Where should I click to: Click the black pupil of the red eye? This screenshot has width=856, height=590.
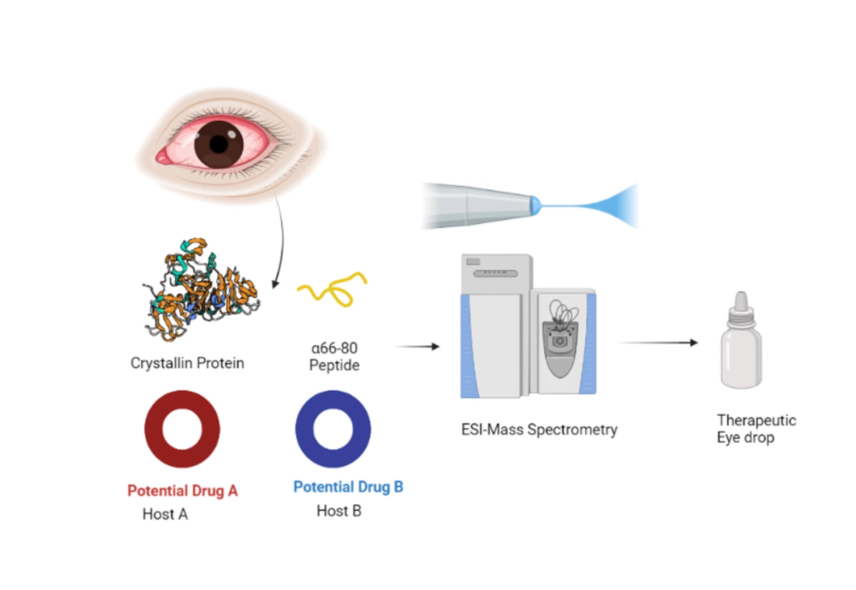click(x=219, y=144)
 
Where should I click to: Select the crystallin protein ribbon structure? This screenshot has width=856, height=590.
click(x=202, y=290)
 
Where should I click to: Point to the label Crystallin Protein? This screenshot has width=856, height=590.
click(x=187, y=363)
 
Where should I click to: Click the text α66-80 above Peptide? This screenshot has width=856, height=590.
click(x=334, y=348)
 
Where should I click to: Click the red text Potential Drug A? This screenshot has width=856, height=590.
click(x=182, y=491)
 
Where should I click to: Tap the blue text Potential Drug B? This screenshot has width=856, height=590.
click(x=348, y=487)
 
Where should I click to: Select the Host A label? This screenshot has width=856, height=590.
click(x=165, y=514)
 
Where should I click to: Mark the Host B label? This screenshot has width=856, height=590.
click(x=339, y=511)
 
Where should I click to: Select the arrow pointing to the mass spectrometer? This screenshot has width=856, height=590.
click(x=417, y=346)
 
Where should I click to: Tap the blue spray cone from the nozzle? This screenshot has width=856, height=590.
click(x=611, y=206)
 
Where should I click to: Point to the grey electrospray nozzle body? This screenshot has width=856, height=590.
click(x=475, y=206)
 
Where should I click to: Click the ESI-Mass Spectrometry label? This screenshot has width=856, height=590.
click(x=539, y=429)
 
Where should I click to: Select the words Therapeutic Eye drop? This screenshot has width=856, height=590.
click(x=756, y=429)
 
